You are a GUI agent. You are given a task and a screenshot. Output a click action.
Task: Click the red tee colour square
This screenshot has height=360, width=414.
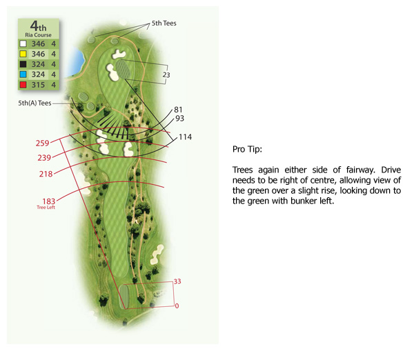tap(23, 85)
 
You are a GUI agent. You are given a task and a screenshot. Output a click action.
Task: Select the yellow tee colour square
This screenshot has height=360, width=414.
tap(23, 54)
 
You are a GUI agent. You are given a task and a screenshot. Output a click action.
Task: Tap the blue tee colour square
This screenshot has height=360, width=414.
tap(23, 74)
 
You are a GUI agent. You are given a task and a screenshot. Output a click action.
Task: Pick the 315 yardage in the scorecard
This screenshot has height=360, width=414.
tap(38, 85)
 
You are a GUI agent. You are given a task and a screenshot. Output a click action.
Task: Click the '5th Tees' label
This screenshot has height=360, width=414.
tap(164, 23)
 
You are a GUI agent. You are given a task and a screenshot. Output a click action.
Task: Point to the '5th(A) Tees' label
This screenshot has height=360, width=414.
tap(34, 103)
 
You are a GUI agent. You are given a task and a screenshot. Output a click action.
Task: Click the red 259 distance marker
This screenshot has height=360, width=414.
tap(43, 143)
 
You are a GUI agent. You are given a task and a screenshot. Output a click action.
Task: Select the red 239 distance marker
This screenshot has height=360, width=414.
tap(44, 158)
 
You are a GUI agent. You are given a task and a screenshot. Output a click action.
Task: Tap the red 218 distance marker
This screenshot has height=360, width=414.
tap(46, 174)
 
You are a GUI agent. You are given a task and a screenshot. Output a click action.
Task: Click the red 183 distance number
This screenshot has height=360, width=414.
tap(49, 201)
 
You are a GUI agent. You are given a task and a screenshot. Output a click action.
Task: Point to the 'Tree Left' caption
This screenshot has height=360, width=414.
tap(46, 208)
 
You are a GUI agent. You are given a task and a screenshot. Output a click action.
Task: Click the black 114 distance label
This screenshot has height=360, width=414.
tap(186, 137)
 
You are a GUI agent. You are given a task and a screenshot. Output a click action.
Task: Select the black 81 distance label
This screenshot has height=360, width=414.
tap(178, 110)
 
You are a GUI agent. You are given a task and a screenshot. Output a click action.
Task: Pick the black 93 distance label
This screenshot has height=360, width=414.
tap(180, 119)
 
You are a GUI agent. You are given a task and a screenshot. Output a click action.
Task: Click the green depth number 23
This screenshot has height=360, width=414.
tap(166, 75)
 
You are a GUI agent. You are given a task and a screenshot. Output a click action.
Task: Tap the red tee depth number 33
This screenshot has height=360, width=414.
tap(177, 281)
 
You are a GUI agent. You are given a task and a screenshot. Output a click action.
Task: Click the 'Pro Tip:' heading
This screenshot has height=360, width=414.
tap(248, 150)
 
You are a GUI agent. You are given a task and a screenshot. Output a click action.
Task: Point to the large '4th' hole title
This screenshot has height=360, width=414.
tap(38, 26)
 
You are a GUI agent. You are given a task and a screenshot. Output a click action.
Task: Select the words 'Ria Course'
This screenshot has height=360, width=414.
tap(38, 35)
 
